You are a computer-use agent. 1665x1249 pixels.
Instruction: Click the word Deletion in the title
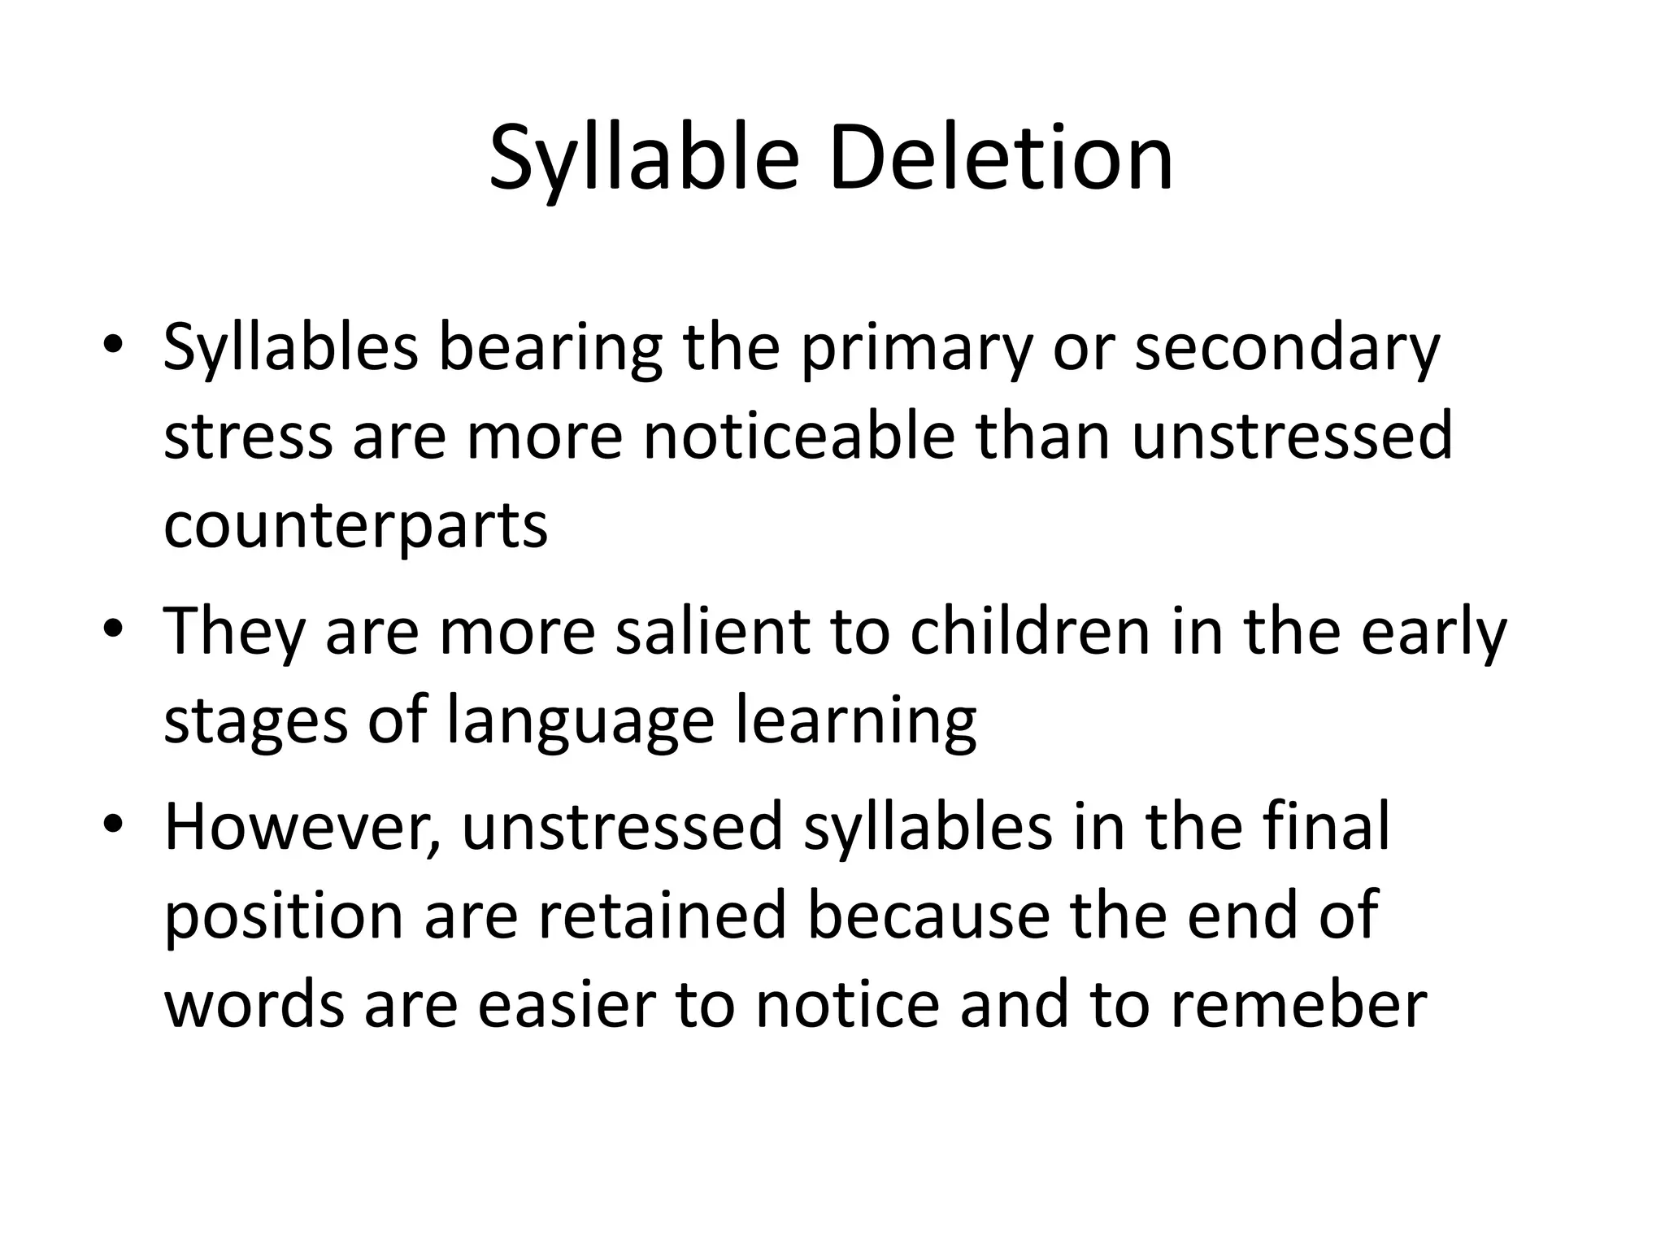(1001, 158)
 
